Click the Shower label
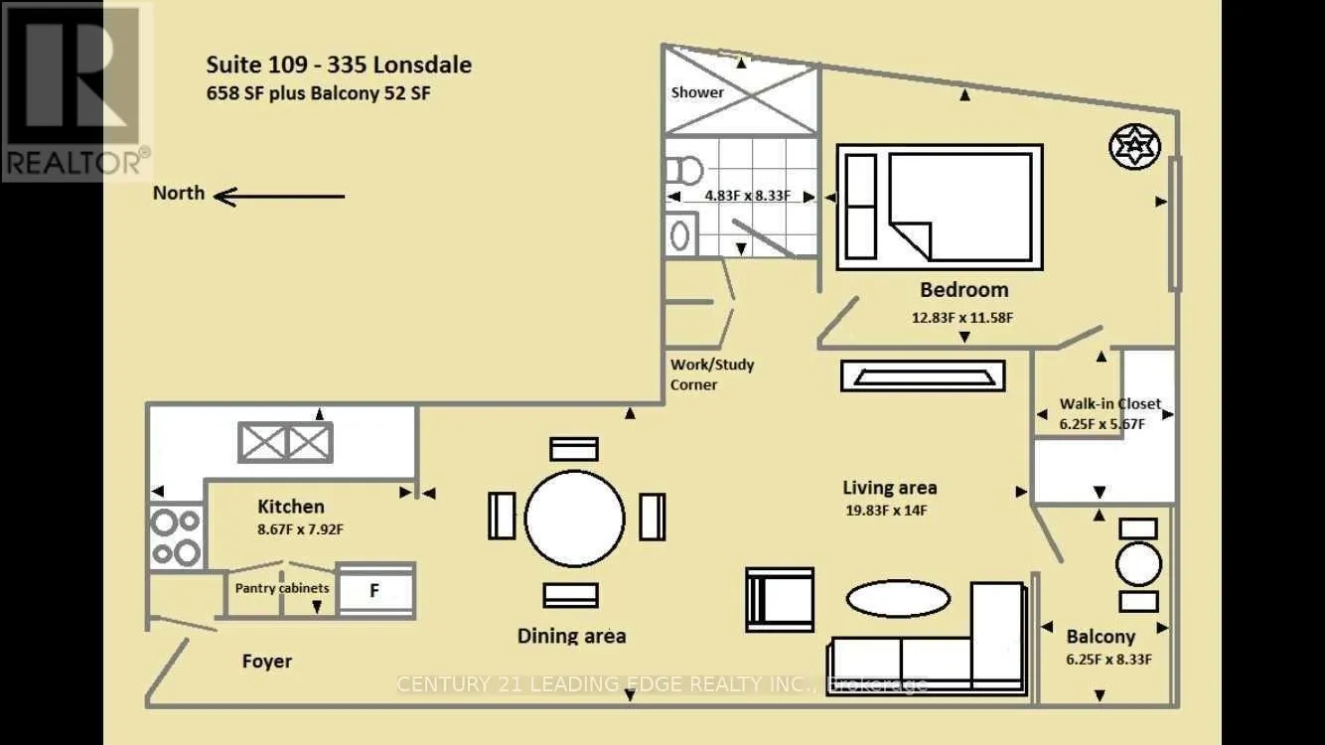(x=697, y=92)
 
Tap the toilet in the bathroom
(x=684, y=171)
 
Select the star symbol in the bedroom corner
(x=1134, y=146)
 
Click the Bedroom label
(x=964, y=290)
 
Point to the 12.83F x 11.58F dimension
(x=962, y=318)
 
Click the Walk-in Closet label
(x=1110, y=403)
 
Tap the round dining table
(x=574, y=519)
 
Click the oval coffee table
(x=899, y=599)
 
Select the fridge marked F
(x=375, y=590)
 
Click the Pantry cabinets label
(x=281, y=588)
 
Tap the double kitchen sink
(x=285, y=442)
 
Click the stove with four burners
(x=176, y=536)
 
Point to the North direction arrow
(x=279, y=197)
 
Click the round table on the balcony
(x=1138, y=564)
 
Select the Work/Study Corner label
(x=711, y=374)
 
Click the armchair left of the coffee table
(x=780, y=599)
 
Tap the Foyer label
(x=267, y=662)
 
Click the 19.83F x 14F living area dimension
(x=886, y=511)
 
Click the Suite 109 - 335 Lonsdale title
(x=339, y=65)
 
